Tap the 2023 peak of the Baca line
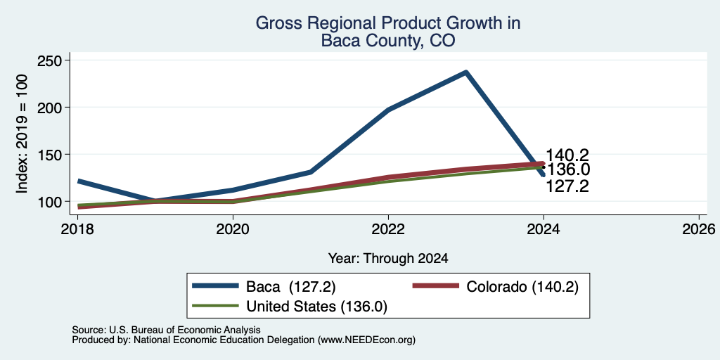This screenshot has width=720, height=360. (465, 72)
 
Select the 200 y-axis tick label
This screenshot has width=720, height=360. (51, 108)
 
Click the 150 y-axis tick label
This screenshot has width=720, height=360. (51, 154)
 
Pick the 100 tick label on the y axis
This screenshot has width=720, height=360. (51, 202)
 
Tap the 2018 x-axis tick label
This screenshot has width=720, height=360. (77, 229)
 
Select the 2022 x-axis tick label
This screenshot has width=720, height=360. (388, 229)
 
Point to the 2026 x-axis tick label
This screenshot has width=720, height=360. (699, 229)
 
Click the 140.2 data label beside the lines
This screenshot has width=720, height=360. (567, 155)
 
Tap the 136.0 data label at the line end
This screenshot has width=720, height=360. (568, 170)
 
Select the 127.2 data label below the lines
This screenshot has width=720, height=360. (567, 186)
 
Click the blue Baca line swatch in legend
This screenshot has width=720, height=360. (216, 286)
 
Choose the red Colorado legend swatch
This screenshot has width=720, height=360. (436, 286)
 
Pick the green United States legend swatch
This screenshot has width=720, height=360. (216, 305)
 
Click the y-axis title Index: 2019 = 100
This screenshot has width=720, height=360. (22, 134)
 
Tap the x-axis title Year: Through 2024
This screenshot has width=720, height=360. (388, 259)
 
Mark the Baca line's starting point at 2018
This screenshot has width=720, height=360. (78, 181)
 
